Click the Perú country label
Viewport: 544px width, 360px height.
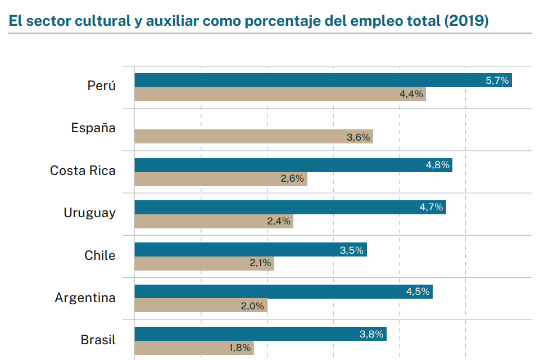(101, 86)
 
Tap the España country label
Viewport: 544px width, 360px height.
(93, 128)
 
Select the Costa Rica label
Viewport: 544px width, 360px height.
(83, 170)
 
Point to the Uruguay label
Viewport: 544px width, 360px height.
(89, 213)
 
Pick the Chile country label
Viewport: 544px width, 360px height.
(100, 255)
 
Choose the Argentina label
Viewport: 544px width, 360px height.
(85, 298)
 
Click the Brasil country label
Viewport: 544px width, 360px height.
(98, 340)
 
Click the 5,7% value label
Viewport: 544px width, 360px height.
(497, 80)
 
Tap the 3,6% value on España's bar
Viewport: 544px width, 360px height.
(359, 137)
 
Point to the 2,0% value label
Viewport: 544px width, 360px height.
(253, 306)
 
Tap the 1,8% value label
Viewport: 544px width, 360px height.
(239, 348)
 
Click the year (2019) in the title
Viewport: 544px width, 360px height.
(466, 21)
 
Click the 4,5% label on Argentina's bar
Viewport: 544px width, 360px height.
(418, 291)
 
